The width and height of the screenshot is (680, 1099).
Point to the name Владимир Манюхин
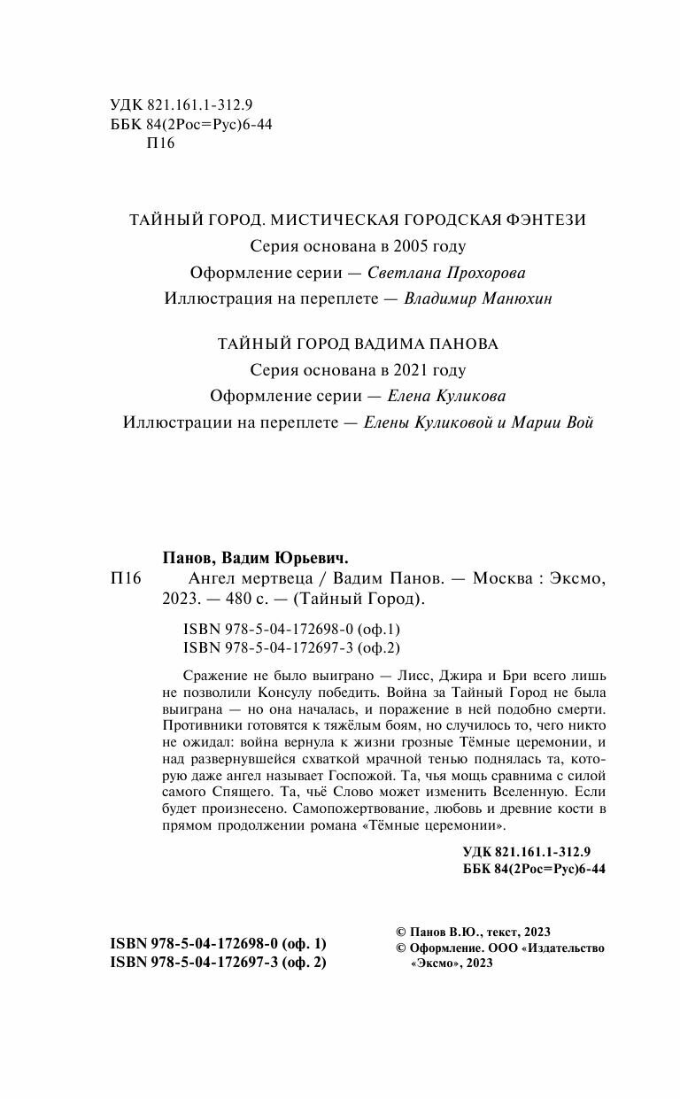[x=477, y=299]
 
